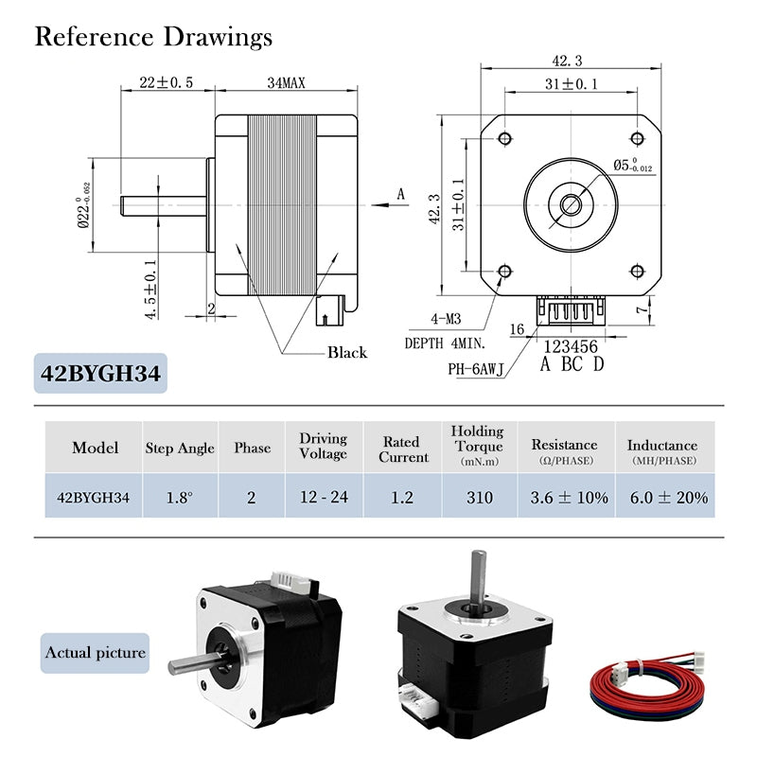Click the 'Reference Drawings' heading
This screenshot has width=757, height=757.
(153, 37)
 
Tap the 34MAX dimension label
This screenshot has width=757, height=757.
(286, 83)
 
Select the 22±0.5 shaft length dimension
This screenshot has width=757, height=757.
(166, 83)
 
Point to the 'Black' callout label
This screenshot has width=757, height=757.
(346, 352)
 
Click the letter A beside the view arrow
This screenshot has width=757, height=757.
(400, 194)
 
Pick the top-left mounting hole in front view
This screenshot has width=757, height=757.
(503, 139)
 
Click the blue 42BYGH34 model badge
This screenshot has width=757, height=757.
(100, 373)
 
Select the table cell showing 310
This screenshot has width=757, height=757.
(478, 497)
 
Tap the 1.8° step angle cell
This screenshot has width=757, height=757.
(180, 497)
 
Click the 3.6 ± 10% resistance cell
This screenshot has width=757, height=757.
(564, 497)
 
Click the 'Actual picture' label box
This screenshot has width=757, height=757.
(95, 652)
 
